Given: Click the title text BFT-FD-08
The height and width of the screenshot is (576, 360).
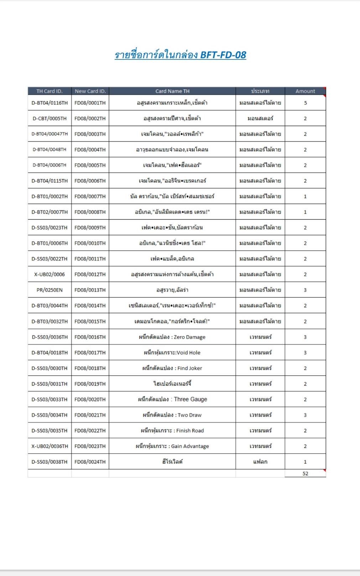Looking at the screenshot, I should coord(223,55).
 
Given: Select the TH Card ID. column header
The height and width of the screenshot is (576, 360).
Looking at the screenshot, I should coord(49,91).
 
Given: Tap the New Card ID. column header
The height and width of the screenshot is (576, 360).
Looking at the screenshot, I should coord(90,91).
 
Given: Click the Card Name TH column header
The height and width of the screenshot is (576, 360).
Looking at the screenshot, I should coord(172,91).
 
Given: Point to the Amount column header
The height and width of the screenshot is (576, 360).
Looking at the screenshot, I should coord(305,91).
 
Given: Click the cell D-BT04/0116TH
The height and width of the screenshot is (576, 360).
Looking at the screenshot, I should coord(49,103).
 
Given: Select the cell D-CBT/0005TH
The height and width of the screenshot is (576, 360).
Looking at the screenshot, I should coord(49,119).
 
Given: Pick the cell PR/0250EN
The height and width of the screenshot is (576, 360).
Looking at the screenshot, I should coord(49,290).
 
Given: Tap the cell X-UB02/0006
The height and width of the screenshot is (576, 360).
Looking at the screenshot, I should coord(49,274).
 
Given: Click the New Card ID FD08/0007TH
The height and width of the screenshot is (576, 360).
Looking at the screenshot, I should coord(90,196).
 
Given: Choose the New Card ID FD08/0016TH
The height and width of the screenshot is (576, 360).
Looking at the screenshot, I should coord(90,337).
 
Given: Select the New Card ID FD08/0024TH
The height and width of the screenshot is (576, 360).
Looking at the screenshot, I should coord(90,462).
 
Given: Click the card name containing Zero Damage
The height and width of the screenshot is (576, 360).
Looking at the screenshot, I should coord(172,337).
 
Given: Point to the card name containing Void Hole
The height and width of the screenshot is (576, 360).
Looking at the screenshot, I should coord(172,352).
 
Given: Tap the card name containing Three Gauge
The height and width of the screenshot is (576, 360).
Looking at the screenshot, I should coord(172,399).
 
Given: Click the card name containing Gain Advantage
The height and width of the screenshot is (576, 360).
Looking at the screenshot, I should coord(172,446).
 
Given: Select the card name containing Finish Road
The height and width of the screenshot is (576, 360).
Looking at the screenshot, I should coord(172,430).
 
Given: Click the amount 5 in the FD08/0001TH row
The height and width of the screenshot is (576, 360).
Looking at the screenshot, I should coord(305,103).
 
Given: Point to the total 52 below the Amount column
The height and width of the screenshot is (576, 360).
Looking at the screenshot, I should coord(305,473).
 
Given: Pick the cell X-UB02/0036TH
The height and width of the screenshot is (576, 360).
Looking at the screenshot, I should coord(49,446).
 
